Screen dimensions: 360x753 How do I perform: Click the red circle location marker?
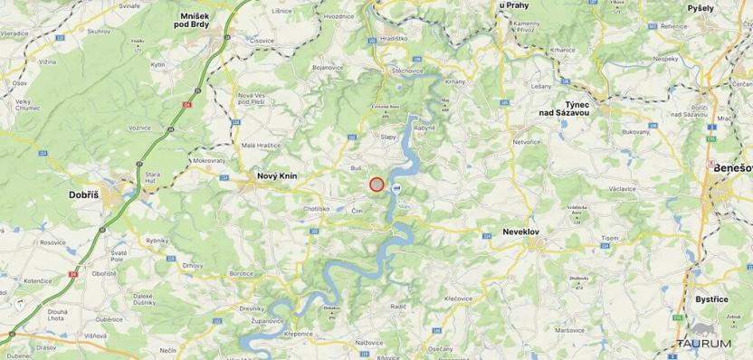pyautogui.click(x=376, y=185)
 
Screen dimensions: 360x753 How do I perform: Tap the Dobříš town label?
pyautogui.click(x=89, y=194)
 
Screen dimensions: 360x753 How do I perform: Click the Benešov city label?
pyautogui.click(x=732, y=168)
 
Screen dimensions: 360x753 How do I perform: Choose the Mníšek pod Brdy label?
pyautogui.click(x=200, y=21)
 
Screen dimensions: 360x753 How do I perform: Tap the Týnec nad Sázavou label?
pyautogui.click(x=565, y=109)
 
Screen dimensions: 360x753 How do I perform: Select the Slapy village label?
pyautogui.click(x=388, y=137)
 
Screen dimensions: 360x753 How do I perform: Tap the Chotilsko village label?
pyautogui.click(x=316, y=208)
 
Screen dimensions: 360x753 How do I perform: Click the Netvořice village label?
pyautogui.click(x=527, y=142)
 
